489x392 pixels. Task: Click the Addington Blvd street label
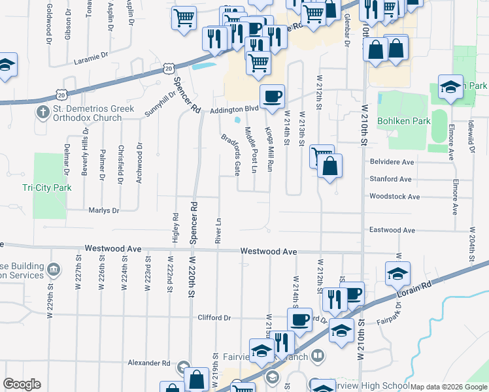click(x=234, y=110)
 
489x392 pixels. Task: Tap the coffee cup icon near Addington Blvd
click(x=272, y=97)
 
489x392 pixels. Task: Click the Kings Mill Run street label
click(x=268, y=150)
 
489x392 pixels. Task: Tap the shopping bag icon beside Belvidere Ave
click(x=331, y=166)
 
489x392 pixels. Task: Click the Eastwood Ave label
click(x=392, y=230)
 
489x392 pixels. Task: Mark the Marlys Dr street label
click(x=104, y=210)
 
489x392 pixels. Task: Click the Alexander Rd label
click(x=148, y=363)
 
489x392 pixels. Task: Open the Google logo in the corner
click(x=22, y=384)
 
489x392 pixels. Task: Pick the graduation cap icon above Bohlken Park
click(x=450, y=88)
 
